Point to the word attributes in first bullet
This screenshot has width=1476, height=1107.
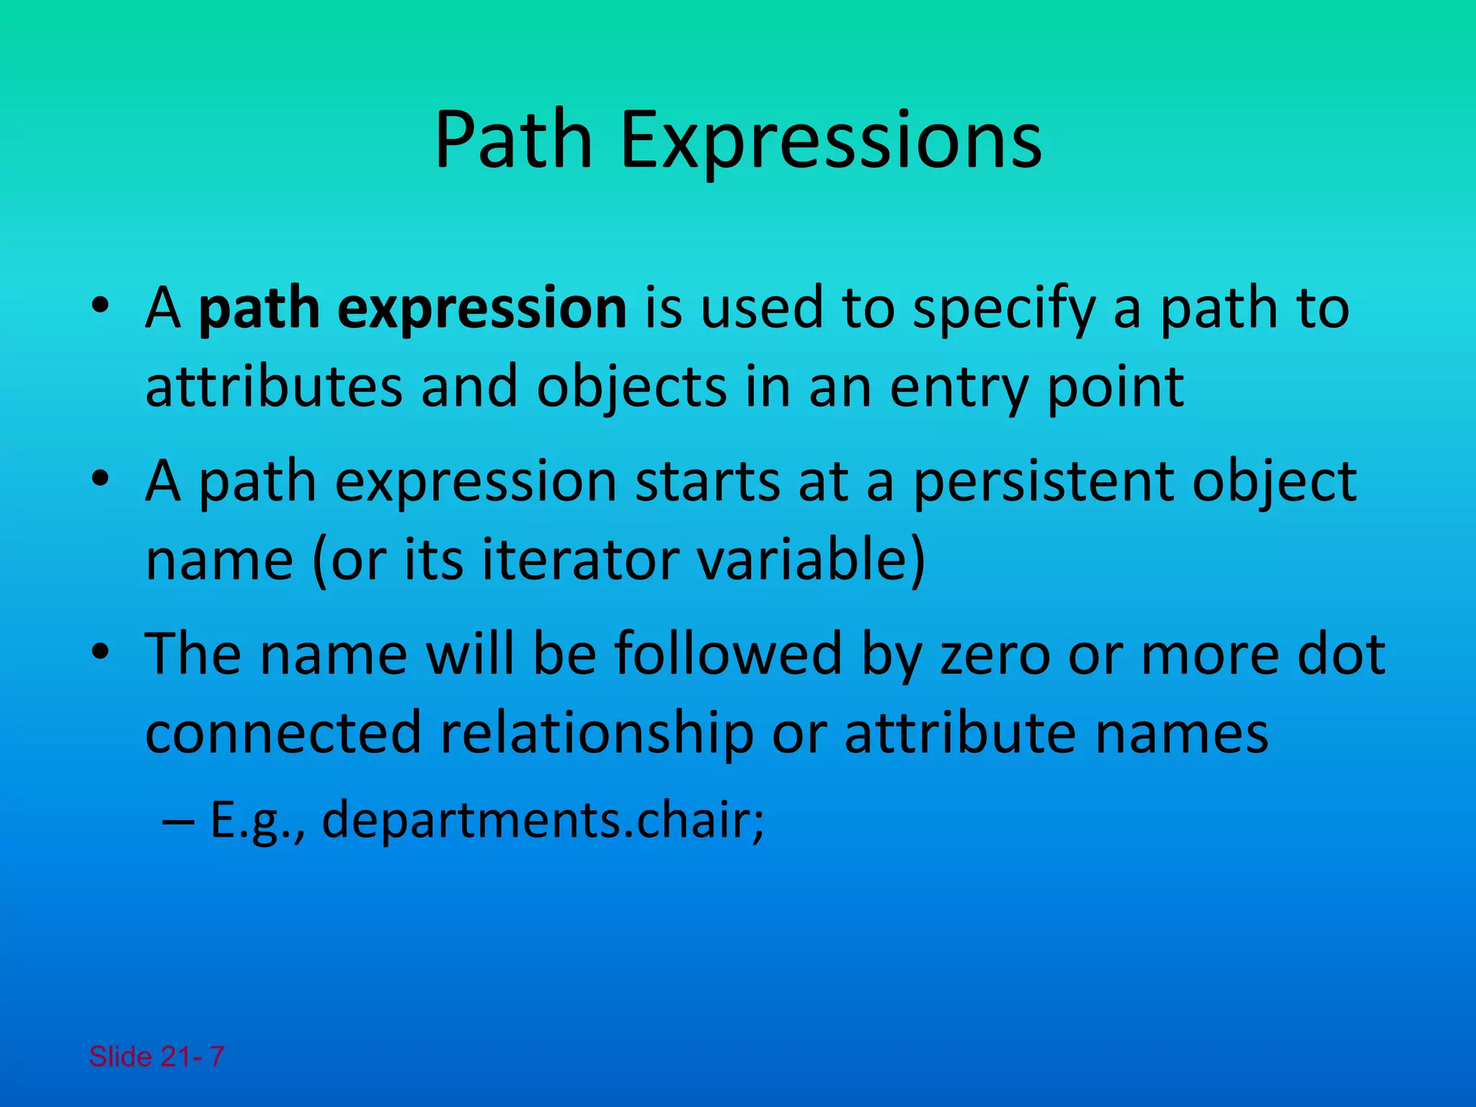[273, 387]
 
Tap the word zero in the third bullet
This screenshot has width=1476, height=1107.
[995, 654]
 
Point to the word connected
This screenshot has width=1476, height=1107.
[283, 732]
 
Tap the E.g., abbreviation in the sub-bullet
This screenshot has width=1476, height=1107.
[257, 822]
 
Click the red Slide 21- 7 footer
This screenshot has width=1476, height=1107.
[156, 1057]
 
